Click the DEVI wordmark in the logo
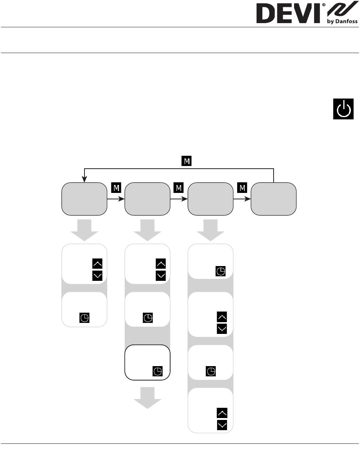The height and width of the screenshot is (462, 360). (288, 13)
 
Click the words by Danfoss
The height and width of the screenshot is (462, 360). (342, 21)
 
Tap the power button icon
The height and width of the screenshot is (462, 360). (343, 109)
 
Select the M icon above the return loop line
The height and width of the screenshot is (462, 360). (186, 161)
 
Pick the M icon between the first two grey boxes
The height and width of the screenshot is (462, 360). (116, 188)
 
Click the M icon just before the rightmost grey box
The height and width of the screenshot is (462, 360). (242, 188)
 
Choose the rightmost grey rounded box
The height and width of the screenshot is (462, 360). (274, 199)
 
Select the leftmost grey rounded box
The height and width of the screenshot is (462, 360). (85, 199)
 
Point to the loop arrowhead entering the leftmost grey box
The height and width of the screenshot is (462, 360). (85, 179)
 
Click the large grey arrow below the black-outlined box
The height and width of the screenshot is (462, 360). (147, 398)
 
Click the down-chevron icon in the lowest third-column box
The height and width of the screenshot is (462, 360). (222, 425)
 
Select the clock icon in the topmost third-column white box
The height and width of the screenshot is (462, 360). (221, 271)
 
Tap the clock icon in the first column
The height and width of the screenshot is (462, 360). (85, 318)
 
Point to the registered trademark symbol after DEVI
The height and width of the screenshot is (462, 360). (324, 5)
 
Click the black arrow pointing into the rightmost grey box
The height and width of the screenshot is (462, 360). (242, 199)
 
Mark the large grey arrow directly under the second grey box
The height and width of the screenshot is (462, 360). (147, 230)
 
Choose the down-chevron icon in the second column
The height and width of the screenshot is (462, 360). (161, 276)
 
